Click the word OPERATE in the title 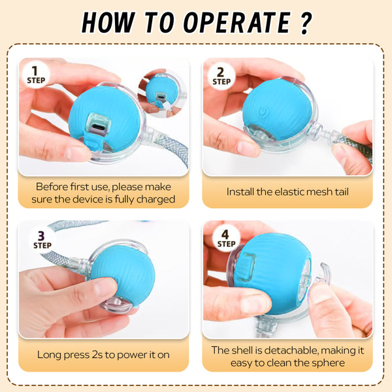240,23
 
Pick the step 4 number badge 225,238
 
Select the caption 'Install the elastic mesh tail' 287,192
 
